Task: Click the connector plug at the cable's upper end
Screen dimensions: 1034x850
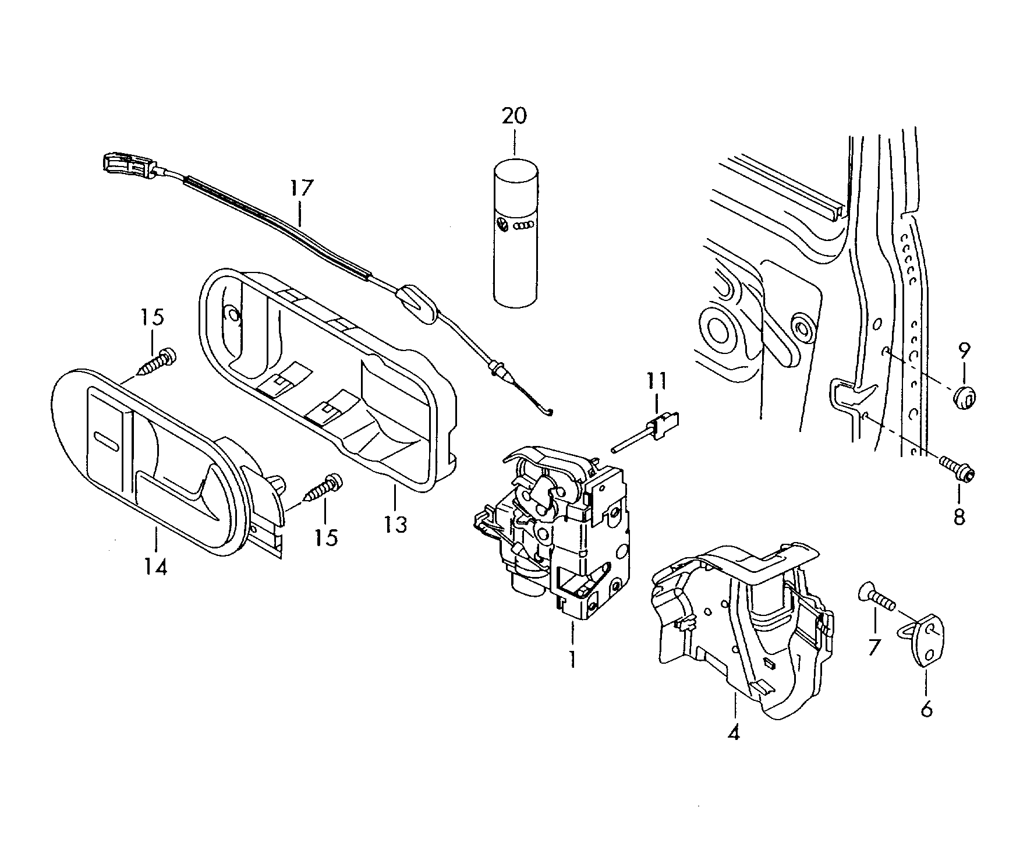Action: tap(127, 164)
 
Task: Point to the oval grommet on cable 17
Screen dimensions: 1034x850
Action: tap(417, 303)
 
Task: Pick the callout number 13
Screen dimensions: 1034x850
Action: tap(395, 525)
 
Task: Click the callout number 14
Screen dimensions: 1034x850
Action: tap(157, 566)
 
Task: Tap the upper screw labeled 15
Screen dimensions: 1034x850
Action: tap(158, 362)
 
